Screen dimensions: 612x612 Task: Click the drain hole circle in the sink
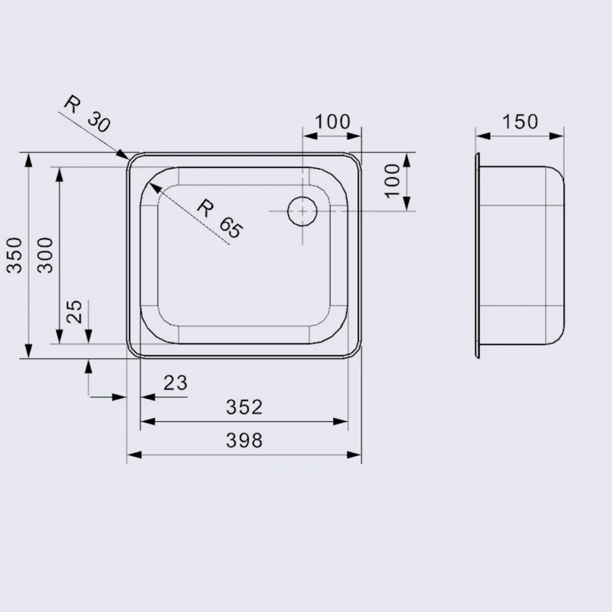pyautogui.click(x=302, y=211)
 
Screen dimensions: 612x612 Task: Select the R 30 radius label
pyautogui.click(x=88, y=113)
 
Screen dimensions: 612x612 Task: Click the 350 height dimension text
pyautogui.click(x=16, y=255)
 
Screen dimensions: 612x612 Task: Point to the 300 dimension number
pyautogui.click(x=45, y=255)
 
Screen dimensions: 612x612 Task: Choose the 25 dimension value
pyautogui.click(x=74, y=311)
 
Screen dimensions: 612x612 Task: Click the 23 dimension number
pyautogui.click(x=175, y=383)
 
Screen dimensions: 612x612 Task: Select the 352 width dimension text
pyautogui.click(x=244, y=407)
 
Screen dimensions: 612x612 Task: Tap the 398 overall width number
pyautogui.click(x=244, y=441)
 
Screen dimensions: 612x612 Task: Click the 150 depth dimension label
pyautogui.click(x=520, y=122)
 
